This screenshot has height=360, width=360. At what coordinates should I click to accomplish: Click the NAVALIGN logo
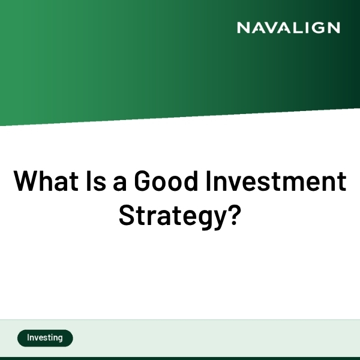[288, 28]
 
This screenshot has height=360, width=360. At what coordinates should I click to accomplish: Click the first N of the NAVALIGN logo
[243, 28]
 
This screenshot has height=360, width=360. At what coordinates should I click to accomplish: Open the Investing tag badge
[45, 338]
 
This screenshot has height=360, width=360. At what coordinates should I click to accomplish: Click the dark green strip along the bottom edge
[180, 358]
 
